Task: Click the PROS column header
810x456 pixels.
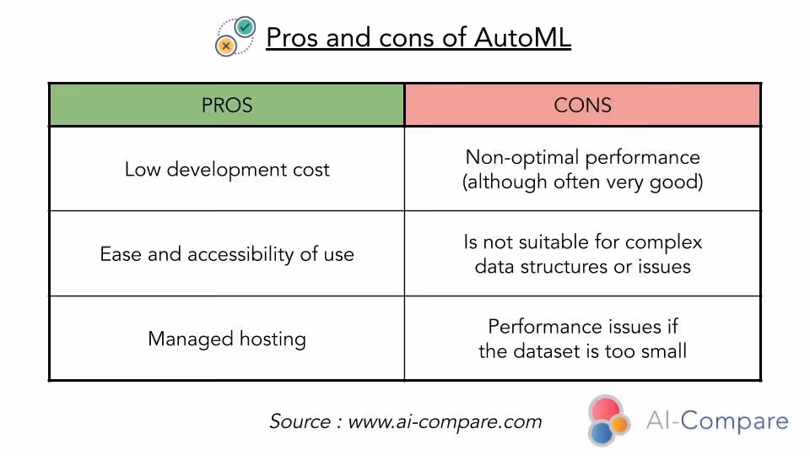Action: (226, 106)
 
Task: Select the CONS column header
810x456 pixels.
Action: (582, 106)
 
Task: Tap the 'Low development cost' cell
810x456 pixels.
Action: (227, 169)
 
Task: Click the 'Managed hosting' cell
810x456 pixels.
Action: (227, 339)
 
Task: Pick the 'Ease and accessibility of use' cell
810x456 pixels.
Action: (227, 254)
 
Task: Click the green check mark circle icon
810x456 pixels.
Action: (246, 27)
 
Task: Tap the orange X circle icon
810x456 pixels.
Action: (225, 46)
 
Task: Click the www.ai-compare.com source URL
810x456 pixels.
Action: (445, 421)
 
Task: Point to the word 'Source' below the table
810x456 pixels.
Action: (300, 421)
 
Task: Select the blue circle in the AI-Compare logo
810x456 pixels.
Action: (601, 433)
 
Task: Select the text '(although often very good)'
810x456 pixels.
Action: (582, 182)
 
